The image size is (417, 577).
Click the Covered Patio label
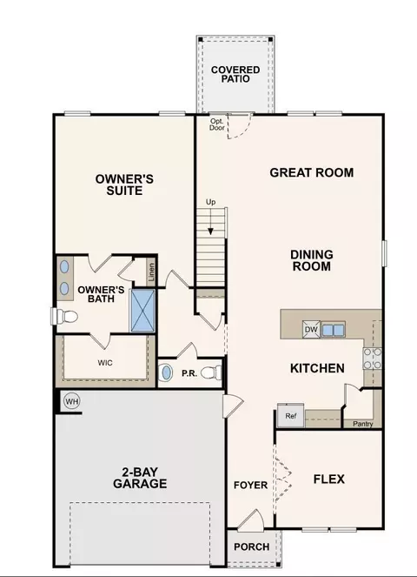click(235, 74)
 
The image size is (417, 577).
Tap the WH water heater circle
click(71, 401)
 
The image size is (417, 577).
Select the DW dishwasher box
click(311, 329)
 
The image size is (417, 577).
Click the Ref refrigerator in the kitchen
click(291, 415)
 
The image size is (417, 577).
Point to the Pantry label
click(362, 424)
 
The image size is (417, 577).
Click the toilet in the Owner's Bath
click(64, 316)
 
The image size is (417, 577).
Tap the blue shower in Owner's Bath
click(143, 311)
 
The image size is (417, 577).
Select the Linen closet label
click(151, 272)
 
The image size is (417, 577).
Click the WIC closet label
click(105, 363)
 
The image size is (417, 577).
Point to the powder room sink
click(167, 372)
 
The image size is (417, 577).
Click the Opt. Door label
click(217, 124)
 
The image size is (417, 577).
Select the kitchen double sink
click(334, 330)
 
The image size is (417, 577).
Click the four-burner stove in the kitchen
click(372, 359)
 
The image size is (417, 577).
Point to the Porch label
click(252, 547)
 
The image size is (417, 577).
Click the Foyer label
click(250, 486)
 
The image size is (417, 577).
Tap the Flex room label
click(329, 480)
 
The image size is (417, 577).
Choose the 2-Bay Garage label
click(140, 478)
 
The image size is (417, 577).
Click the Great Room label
click(312, 172)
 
